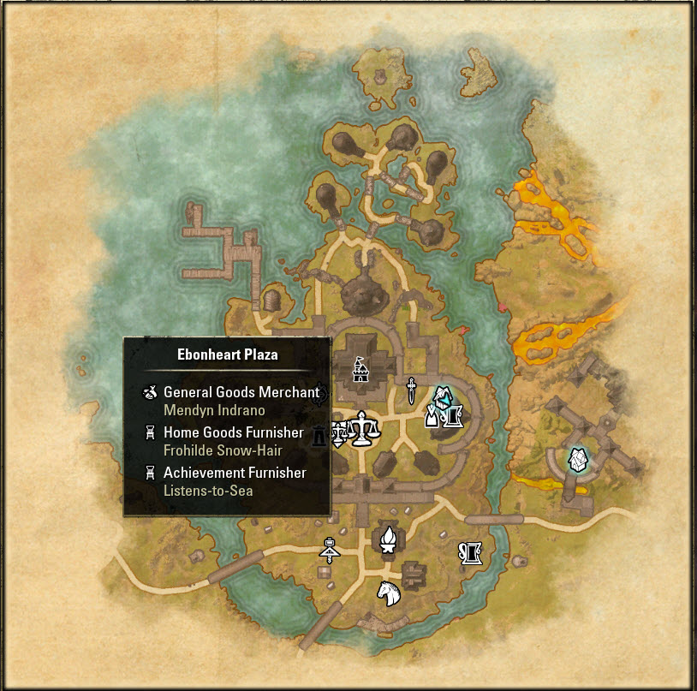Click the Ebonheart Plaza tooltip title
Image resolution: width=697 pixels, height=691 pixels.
227,354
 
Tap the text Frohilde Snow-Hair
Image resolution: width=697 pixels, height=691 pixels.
223,450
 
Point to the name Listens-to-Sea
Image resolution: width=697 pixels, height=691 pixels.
208,491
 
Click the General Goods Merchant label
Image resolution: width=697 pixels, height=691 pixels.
241,392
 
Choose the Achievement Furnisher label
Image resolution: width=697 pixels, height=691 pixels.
235,472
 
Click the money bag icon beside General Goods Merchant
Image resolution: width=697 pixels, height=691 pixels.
150,393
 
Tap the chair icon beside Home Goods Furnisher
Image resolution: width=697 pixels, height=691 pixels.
150,432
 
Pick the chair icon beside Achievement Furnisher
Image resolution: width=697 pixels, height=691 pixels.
150,473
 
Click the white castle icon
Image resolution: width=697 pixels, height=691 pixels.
360,371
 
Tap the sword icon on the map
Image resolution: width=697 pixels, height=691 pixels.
412,390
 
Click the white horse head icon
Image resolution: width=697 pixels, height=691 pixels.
390,593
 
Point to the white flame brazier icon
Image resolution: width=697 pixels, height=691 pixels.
389,539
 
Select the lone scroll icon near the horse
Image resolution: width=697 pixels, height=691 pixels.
471,553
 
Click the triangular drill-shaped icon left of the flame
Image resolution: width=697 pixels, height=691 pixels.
330,549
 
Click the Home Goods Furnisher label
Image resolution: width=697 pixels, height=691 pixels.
233,432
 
